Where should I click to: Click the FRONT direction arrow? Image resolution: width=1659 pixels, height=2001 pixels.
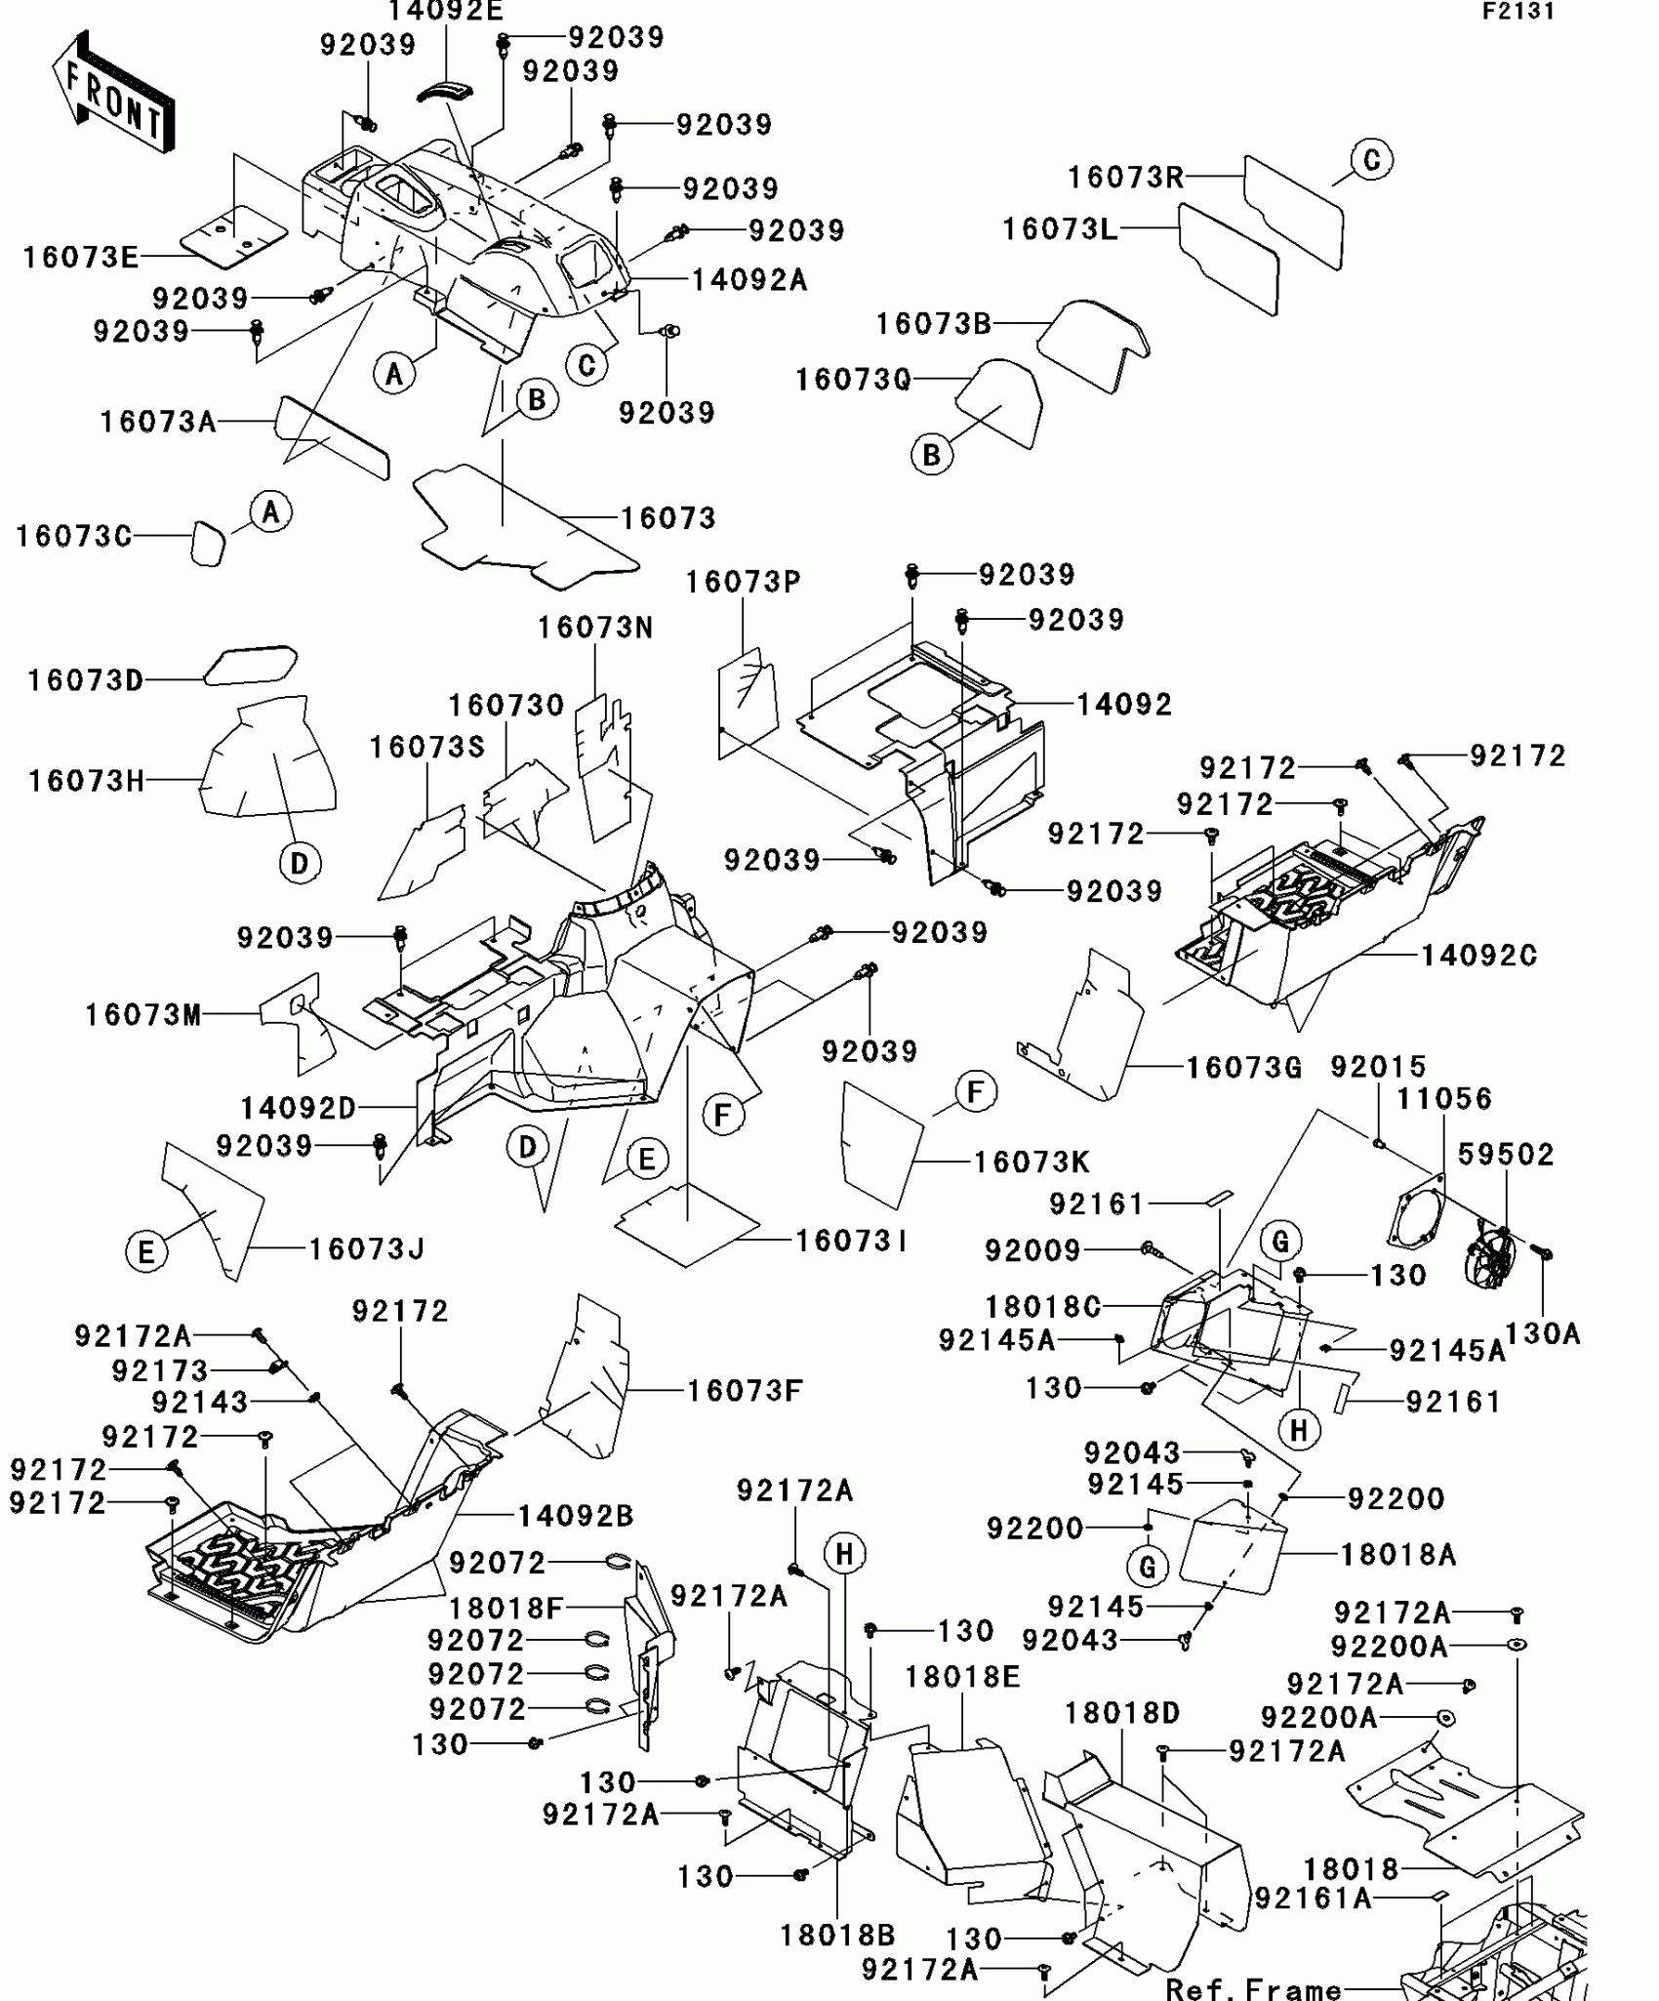click(113, 94)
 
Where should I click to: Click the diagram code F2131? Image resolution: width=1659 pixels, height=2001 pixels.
click(1518, 12)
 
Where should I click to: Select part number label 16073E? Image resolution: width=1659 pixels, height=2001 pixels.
click(81, 258)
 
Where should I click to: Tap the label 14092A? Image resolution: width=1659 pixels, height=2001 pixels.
click(749, 281)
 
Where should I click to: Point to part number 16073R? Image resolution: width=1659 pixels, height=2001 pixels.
click(1125, 178)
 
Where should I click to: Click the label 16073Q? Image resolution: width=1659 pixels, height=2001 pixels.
click(853, 380)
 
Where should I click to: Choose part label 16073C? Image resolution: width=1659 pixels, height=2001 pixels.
click(74, 536)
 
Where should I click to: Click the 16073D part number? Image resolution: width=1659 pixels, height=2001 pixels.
click(86, 680)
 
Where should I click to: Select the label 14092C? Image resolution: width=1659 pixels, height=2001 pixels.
click(1478, 956)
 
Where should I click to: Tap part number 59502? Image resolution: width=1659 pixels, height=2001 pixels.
click(1506, 1155)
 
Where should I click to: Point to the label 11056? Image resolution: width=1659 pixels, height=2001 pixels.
click(1444, 1099)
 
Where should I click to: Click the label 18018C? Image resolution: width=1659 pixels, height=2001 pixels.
click(1043, 1307)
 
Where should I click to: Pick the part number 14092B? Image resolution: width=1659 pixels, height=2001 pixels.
click(576, 1516)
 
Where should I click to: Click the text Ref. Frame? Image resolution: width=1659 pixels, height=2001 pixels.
click(1253, 1988)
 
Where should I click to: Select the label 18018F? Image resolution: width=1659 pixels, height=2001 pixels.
click(506, 1608)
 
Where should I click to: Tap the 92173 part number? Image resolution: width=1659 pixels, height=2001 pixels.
click(160, 1371)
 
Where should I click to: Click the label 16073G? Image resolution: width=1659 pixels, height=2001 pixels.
click(1243, 1068)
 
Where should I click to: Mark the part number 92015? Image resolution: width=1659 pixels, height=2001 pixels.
click(1378, 1067)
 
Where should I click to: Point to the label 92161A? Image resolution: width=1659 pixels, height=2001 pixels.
click(1313, 1899)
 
